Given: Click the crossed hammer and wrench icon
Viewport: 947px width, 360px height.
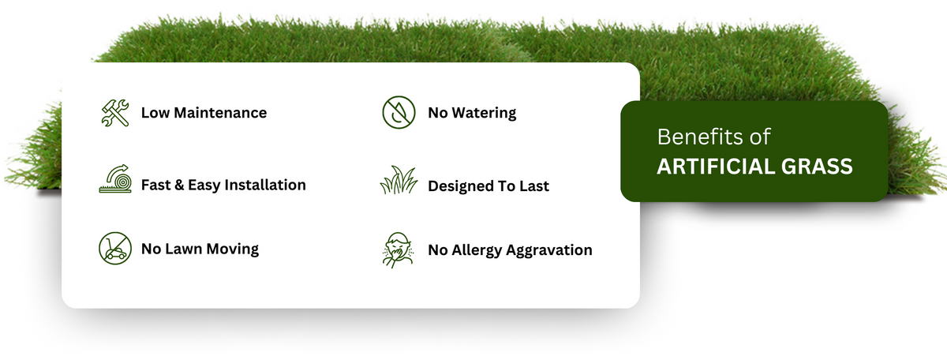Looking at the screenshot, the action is coord(115,113).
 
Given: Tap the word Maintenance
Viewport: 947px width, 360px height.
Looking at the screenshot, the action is coord(220,113).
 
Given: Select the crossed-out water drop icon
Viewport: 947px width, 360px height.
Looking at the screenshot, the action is coord(399,112).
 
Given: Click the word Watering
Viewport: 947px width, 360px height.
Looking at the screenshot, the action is coord(484,114).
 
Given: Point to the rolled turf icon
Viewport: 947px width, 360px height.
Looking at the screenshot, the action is coord(115,178).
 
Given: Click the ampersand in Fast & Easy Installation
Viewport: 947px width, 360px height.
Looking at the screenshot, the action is coord(179,185).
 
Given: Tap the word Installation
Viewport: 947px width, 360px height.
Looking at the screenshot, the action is coord(265,185).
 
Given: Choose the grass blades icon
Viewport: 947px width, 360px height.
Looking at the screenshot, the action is coord(399,180).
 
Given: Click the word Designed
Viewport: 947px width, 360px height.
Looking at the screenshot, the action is coord(459,186).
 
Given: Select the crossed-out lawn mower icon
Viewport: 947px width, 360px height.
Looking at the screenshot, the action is coord(115,249).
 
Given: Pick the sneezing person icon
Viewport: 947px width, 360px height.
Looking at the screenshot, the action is coord(398,250).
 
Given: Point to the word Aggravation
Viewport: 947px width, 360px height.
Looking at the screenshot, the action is coord(549,251).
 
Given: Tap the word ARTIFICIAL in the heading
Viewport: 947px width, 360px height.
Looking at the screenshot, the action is coord(716,167).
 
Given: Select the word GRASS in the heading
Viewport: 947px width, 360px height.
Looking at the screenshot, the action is coord(817,167).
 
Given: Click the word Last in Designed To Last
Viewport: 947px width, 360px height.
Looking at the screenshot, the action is coord(534,186).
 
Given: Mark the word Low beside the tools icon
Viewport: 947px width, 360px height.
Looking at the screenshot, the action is coord(155,113).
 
